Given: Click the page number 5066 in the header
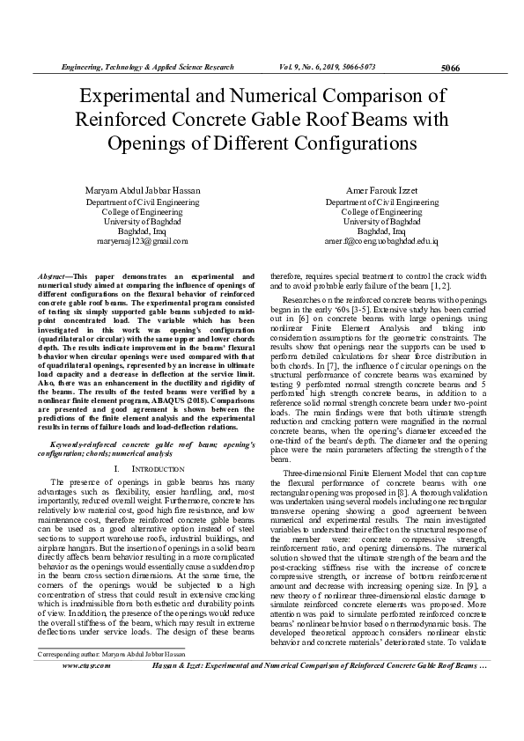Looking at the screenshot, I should coord(449,68).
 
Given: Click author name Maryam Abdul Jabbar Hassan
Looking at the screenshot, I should coord(144,191).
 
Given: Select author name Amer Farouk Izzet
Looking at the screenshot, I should coord(381,191).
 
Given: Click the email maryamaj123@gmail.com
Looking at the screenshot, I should coord(144,240).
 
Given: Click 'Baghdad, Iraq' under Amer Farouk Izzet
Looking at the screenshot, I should coord(381,231).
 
